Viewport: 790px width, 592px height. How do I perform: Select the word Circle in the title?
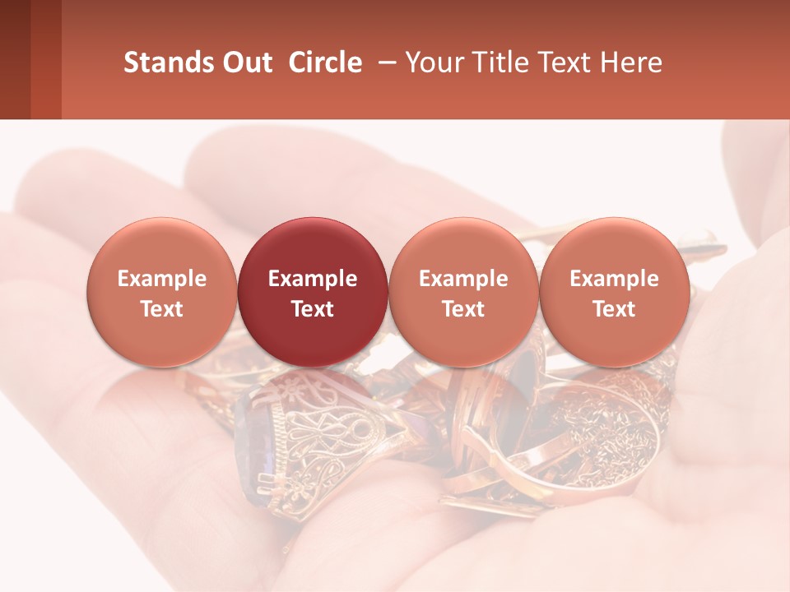pyautogui.click(x=325, y=62)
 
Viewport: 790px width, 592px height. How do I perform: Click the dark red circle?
pyautogui.click(x=313, y=292)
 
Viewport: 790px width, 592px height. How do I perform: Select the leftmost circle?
pyautogui.click(x=162, y=292)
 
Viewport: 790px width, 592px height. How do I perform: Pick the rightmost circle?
pyautogui.click(x=615, y=292)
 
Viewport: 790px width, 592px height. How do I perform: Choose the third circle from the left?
pyautogui.click(x=463, y=292)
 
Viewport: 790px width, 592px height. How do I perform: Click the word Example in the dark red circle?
pyautogui.click(x=313, y=279)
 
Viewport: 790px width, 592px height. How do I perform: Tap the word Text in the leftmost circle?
pyautogui.click(x=162, y=309)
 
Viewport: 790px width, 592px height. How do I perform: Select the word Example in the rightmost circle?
pyautogui.click(x=615, y=279)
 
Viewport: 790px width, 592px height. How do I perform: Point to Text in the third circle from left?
pyautogui.click(x=463, y=309)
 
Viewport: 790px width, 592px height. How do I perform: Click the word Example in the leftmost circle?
pyautogui.click(x=162, y=279)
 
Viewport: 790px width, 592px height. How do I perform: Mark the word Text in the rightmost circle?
pyautogui.click(x=615, y=309)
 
